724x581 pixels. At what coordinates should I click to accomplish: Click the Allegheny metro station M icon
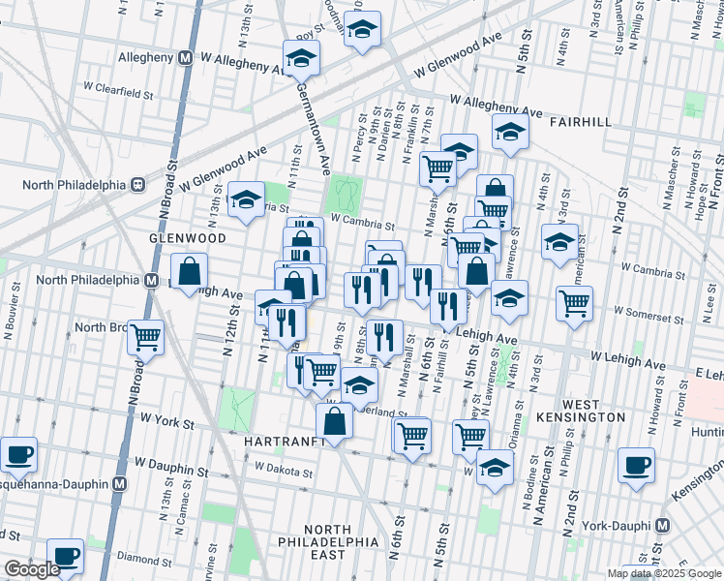(184, 58)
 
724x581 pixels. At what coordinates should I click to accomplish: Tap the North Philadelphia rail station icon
(138, 184)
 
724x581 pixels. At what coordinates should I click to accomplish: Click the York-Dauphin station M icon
(663, 526)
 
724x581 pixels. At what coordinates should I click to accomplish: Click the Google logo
(32, 570)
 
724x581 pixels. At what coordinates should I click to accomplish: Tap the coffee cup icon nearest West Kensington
(636, 465)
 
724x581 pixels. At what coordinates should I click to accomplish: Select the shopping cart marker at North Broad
(145, 337)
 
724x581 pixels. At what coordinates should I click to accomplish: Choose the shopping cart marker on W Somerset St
(574, 303)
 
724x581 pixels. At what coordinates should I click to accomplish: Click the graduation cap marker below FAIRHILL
(509, 133)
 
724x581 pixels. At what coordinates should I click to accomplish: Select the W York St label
(167, 421)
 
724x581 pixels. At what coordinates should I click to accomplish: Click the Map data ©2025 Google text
(664, 573)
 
